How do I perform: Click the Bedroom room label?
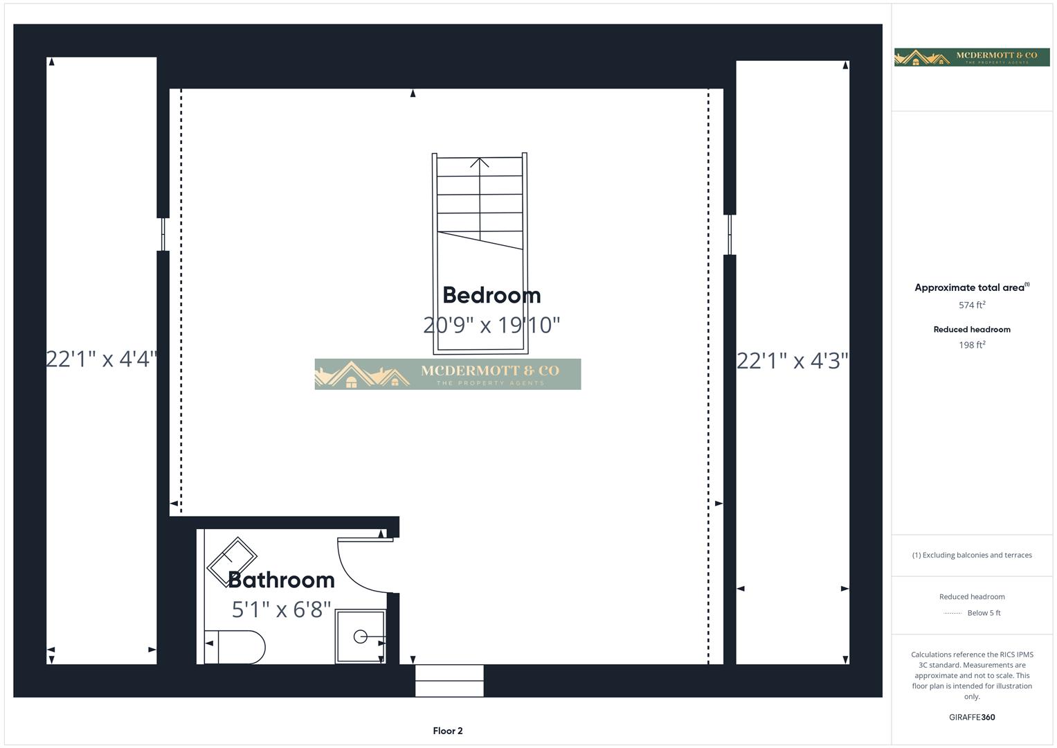491,295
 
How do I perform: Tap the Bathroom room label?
281,580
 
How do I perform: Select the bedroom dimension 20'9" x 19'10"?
491,325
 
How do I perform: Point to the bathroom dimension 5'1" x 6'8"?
281,609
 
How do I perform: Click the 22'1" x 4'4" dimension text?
102,359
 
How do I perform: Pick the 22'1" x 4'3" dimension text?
792,361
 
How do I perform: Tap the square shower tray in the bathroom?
360,636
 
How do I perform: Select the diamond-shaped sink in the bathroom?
232,558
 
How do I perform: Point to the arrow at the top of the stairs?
480,163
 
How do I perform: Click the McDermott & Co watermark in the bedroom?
447,374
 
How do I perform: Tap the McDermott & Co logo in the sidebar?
971,57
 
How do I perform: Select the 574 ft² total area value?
972,305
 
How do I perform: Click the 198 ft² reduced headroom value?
972,345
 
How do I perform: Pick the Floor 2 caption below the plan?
448,731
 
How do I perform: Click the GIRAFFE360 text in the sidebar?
972,718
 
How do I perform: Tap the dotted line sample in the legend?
952,613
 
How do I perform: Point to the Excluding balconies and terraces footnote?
972,555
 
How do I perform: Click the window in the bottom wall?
449,681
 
